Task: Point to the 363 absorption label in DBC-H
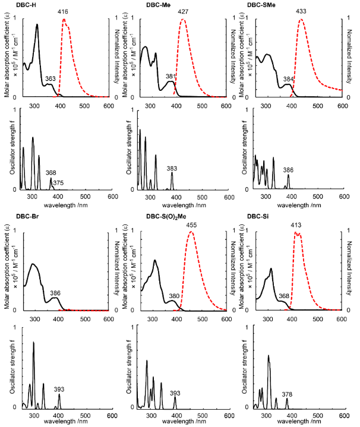[x=50, y=78]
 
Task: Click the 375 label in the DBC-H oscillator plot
[x=58, y=184]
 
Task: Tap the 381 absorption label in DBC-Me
[x=171, y=76]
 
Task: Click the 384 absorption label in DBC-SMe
[x=289, y=79]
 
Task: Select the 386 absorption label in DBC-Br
[x=55, y=293]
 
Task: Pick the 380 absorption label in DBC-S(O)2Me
[x=173, y=296]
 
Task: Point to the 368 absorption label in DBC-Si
[x=284, y=296]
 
